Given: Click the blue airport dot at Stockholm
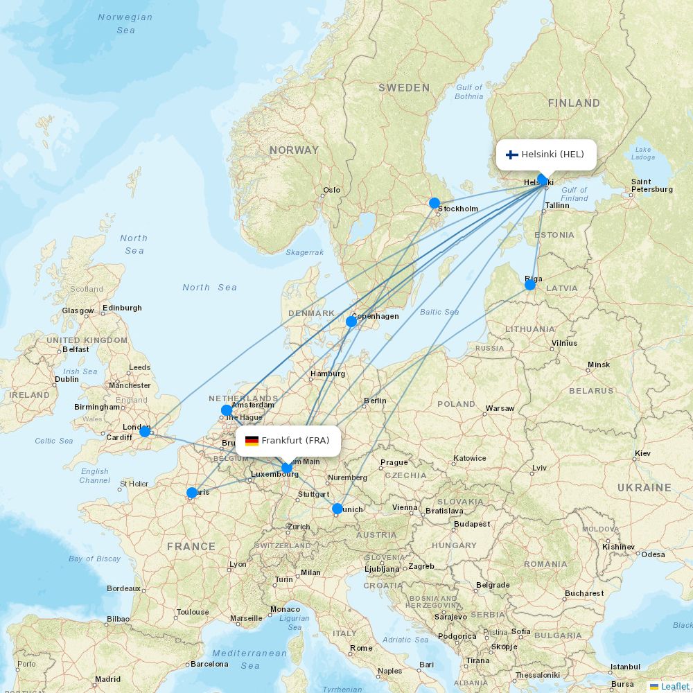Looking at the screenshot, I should [x=435, y=203].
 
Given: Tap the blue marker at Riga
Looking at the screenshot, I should [x=530, y=285].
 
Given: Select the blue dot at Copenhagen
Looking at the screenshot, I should [x=351, y=321].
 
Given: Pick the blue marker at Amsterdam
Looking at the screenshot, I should [x=227, y=410].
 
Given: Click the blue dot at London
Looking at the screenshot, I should [x=145, y=432].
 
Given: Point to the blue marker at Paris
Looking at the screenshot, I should [x=192, y=493].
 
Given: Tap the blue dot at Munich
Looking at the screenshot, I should [x=337, y=509].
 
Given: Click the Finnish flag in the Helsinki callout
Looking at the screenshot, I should [x=512, y=155].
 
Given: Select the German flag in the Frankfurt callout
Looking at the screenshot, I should [x=252, y=441].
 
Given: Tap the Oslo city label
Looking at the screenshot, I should [x=332, y=190].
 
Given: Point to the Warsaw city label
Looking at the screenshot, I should [x=500, y=408].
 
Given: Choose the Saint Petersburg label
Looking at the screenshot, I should [x=651, y=186].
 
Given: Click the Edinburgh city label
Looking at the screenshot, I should [x=122, y=308].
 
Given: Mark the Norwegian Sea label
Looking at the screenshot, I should [x=125, y=24].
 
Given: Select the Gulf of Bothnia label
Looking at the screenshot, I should [x=469, y=91].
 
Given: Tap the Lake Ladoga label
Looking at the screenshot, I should [x=643, y=153].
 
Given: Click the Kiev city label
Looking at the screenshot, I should [x=642, y=453].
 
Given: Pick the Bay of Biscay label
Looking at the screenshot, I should [x=94, y=559].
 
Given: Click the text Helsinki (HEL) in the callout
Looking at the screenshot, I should [x=552, y=155].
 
